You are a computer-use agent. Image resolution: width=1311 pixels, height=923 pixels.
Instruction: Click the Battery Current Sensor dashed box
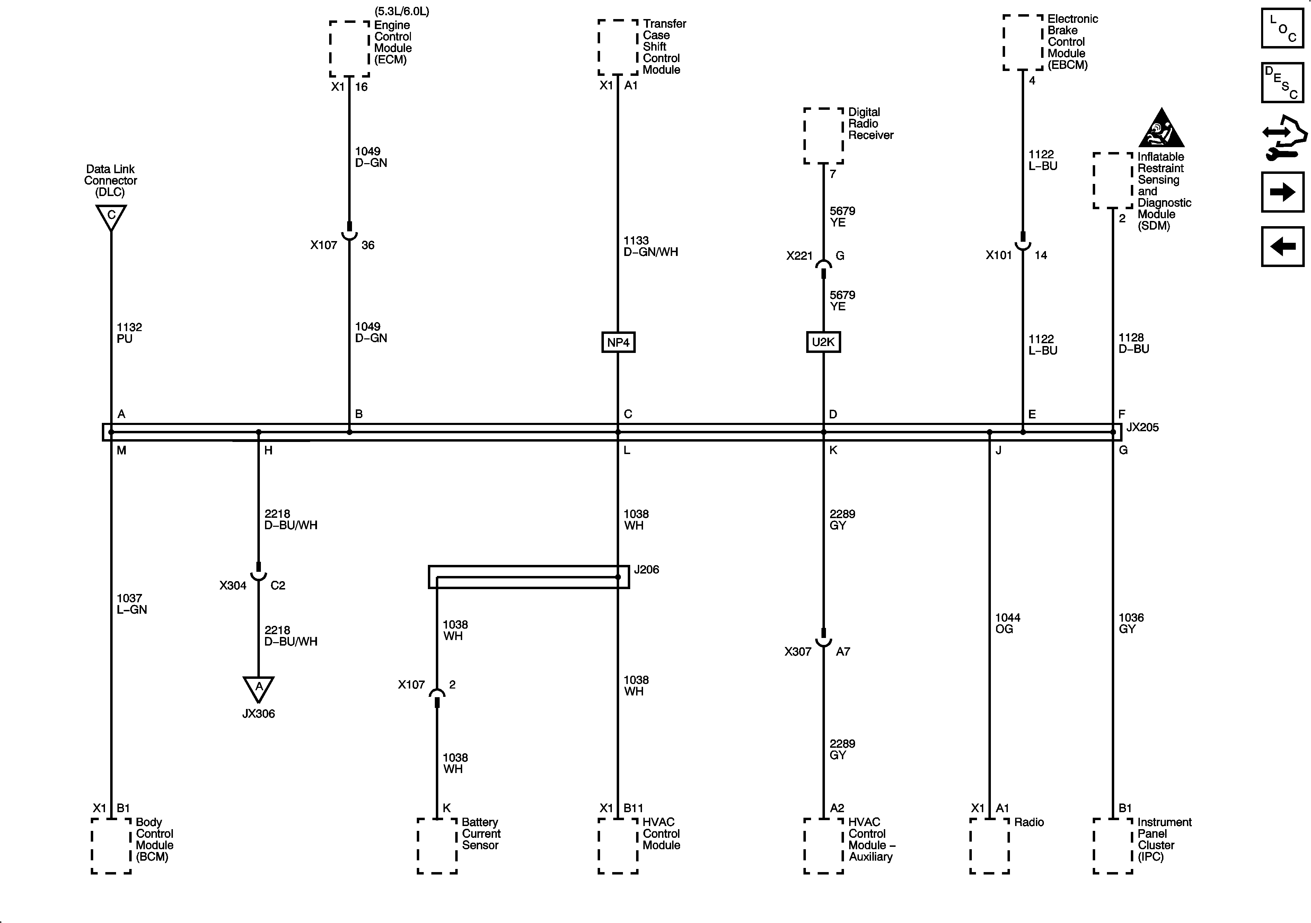click(437, 846)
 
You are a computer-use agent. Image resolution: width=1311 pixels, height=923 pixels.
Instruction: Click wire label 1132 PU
click(129, 333)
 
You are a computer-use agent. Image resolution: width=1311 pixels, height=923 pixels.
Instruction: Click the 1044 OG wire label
click(1007, 623)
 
